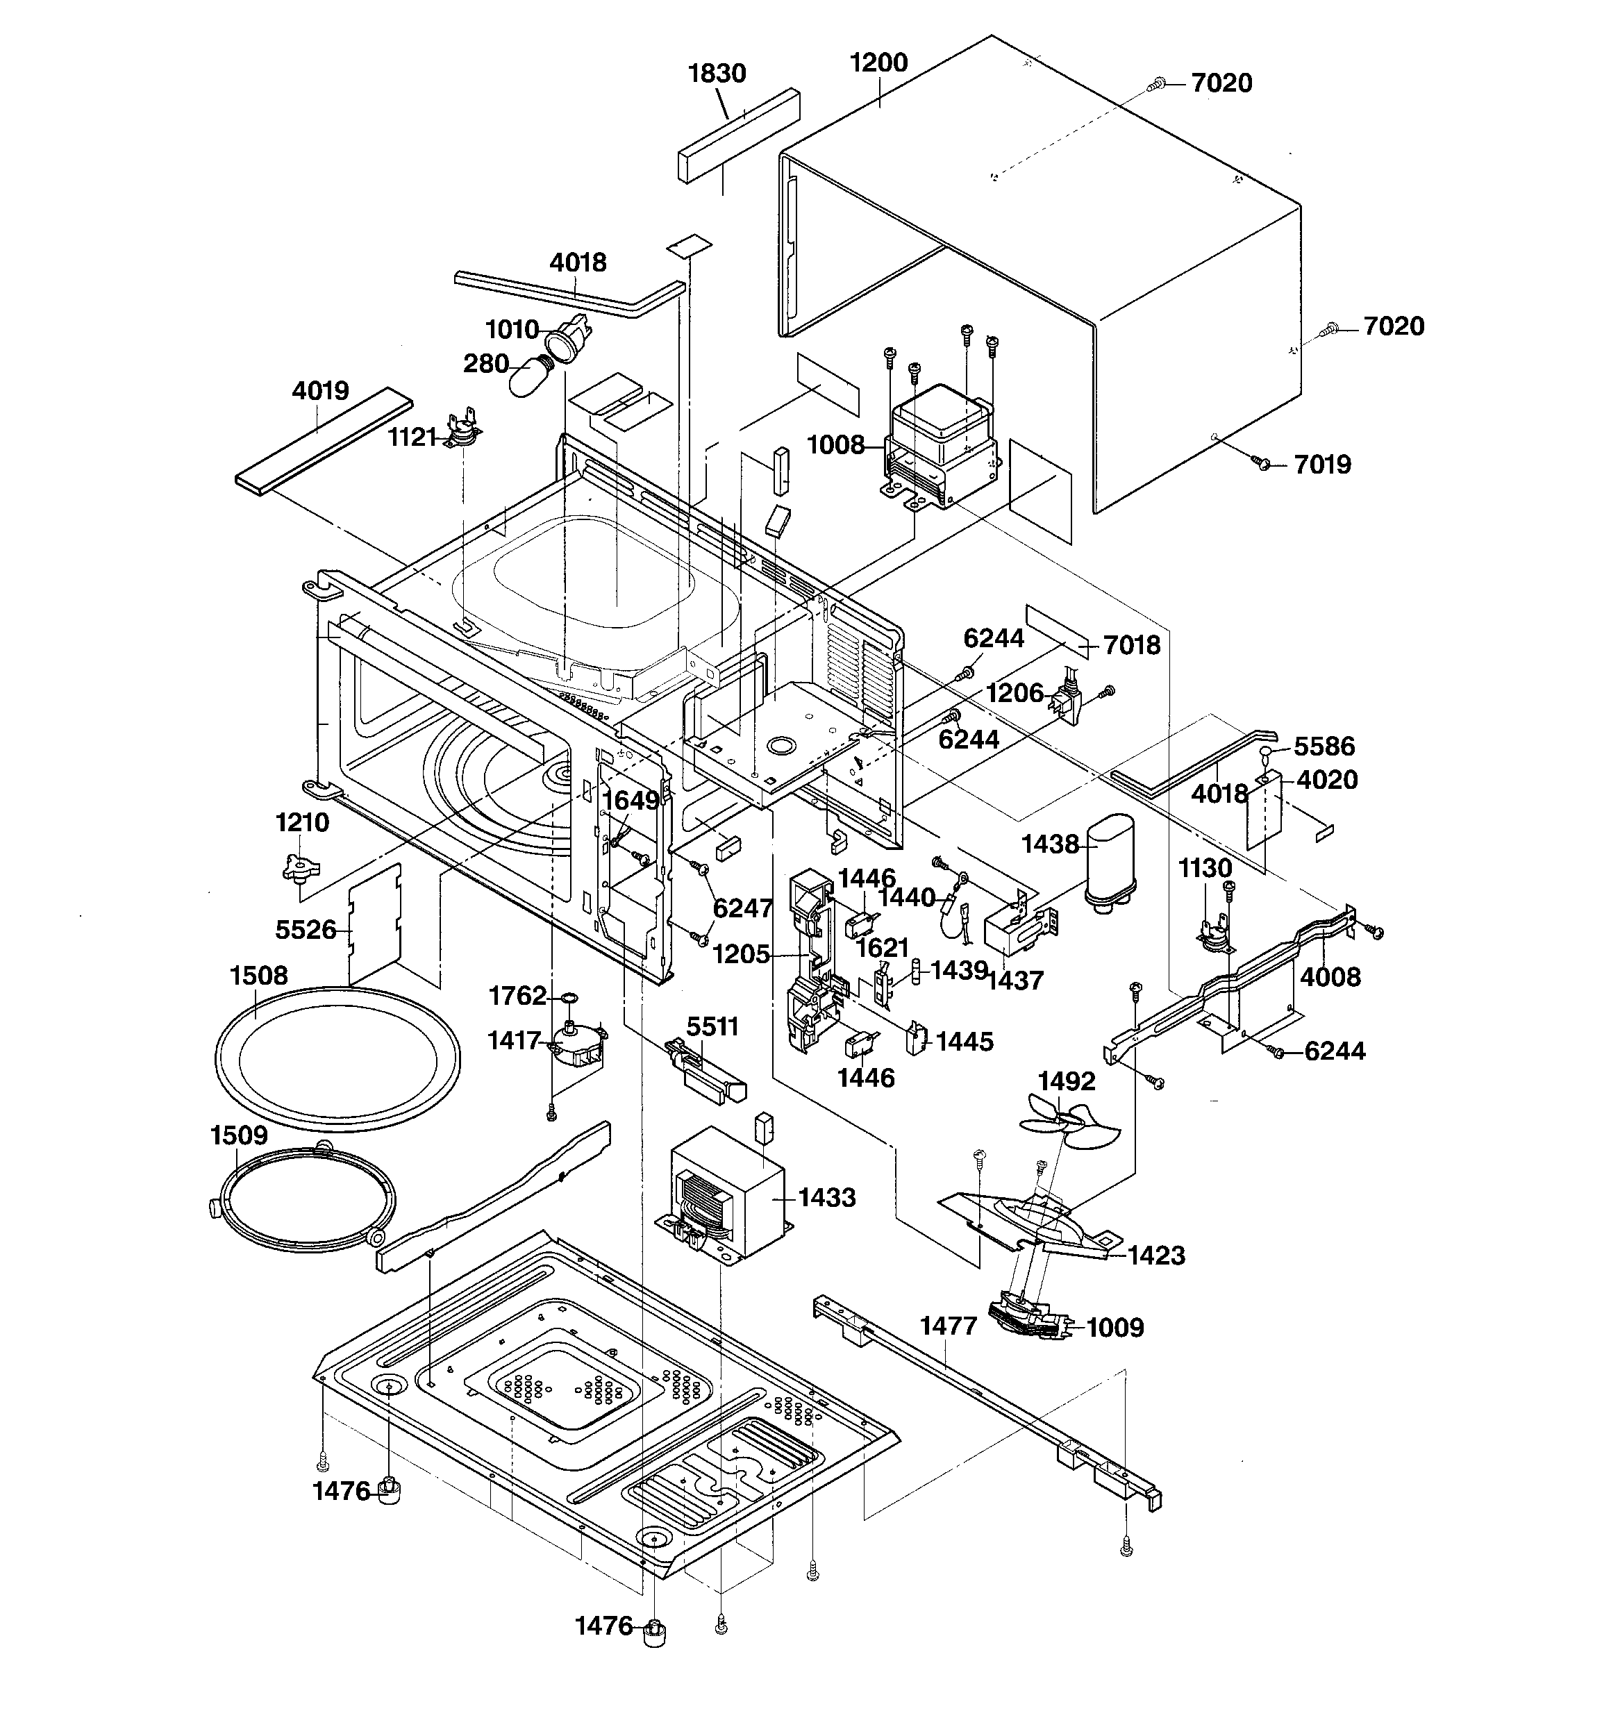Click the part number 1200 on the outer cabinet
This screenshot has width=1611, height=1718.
878,63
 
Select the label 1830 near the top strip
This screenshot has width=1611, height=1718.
717,74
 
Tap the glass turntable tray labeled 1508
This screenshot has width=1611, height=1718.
337,1058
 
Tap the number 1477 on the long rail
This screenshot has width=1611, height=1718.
948,1326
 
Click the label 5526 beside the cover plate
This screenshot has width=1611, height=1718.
305,930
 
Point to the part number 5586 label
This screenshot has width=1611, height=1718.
1324,747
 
